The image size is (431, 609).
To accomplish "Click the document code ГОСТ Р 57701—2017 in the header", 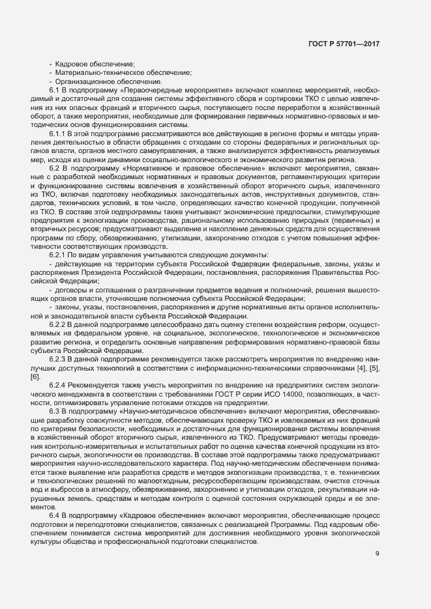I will coord(344,44).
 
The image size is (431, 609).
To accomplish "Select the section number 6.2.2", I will coord(59,323).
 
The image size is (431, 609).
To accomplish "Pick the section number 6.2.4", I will coord(59,384).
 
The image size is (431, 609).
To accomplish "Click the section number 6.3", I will coord(55,410).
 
